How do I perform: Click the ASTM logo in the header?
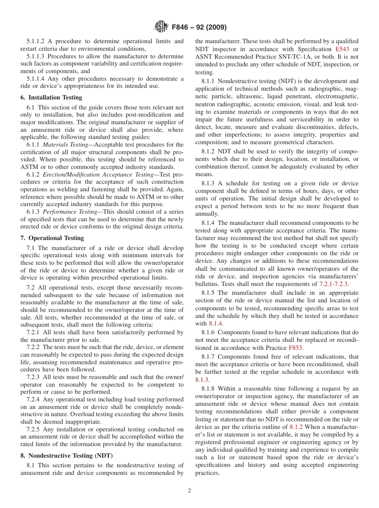click(x=161, y=28)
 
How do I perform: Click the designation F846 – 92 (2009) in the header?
click(x=199, y=28)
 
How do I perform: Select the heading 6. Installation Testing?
click(x=51, y=97)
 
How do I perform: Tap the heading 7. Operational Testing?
click(x=52, y=238)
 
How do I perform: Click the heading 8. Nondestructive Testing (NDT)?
click(x=67, y=456)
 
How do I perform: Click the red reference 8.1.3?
click(x=202, y=380)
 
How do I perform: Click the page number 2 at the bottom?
click(x=189, y=491)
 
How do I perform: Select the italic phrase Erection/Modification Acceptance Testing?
click(x=98, y=175)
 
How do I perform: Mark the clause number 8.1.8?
click(x=208, y=389)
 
